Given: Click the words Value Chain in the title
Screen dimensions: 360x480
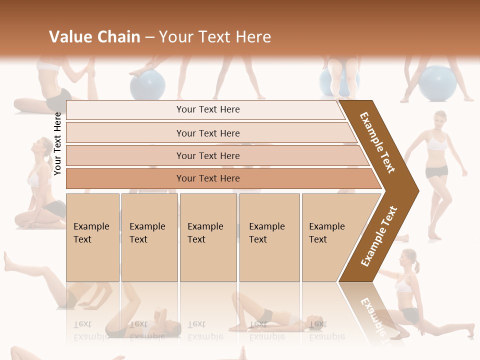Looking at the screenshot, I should pyautogui.click(x=94, y=37).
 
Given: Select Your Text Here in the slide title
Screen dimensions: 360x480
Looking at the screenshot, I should pyautogui.click(x=215, y=37).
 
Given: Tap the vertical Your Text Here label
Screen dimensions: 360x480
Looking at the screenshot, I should pyautogui.click(x=57, y=143).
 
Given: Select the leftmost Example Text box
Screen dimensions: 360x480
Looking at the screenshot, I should pyautogui.click(x=92, y=237).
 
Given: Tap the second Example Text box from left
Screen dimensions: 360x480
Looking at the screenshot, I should pyautogui.click(x=149, y=237).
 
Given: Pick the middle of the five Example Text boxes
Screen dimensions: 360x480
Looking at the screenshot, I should pyautogui.click(x=208, y=237).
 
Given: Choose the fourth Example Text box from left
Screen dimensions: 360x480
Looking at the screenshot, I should pyautogui.click(x=269, y=237).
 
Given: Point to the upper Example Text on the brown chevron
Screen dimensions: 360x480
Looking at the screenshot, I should pyautogui.click(x=378, y=142).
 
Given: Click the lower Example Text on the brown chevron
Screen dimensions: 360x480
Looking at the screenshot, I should pyautogui.click(x=379, y=236).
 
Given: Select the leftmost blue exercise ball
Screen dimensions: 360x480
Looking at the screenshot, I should pyautogui.click(x=148, y=84).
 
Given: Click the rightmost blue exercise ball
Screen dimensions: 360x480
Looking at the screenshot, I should pyautogui.click(x=438, y=83).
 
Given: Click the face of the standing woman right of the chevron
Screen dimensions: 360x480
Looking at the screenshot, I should pyautogui.click(x=440, y=120).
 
